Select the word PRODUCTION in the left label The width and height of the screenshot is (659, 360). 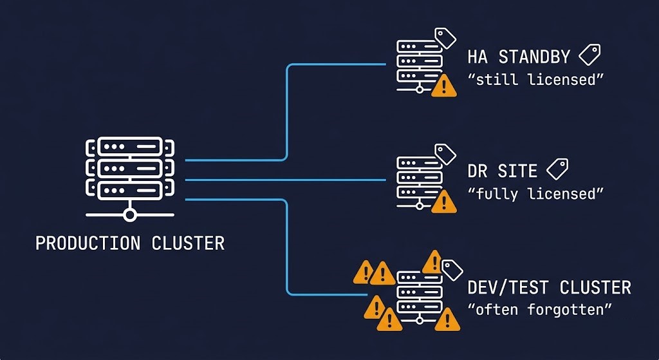point(88,243)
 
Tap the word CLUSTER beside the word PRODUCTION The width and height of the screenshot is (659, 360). point(188,243)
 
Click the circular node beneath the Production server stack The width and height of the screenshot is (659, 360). point(129,215)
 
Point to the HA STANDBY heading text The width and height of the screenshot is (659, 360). point(519,57)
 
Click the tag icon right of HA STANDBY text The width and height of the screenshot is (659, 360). point(589,55)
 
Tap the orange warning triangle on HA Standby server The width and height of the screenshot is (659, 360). point(443,86)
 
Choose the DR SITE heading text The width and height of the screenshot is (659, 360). point(502,171)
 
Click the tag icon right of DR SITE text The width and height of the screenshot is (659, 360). point(557,169)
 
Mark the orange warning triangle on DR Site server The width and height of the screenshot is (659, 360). point(443,202)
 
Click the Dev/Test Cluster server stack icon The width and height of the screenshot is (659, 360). point(419,296)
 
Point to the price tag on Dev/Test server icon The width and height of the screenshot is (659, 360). point(453,267)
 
